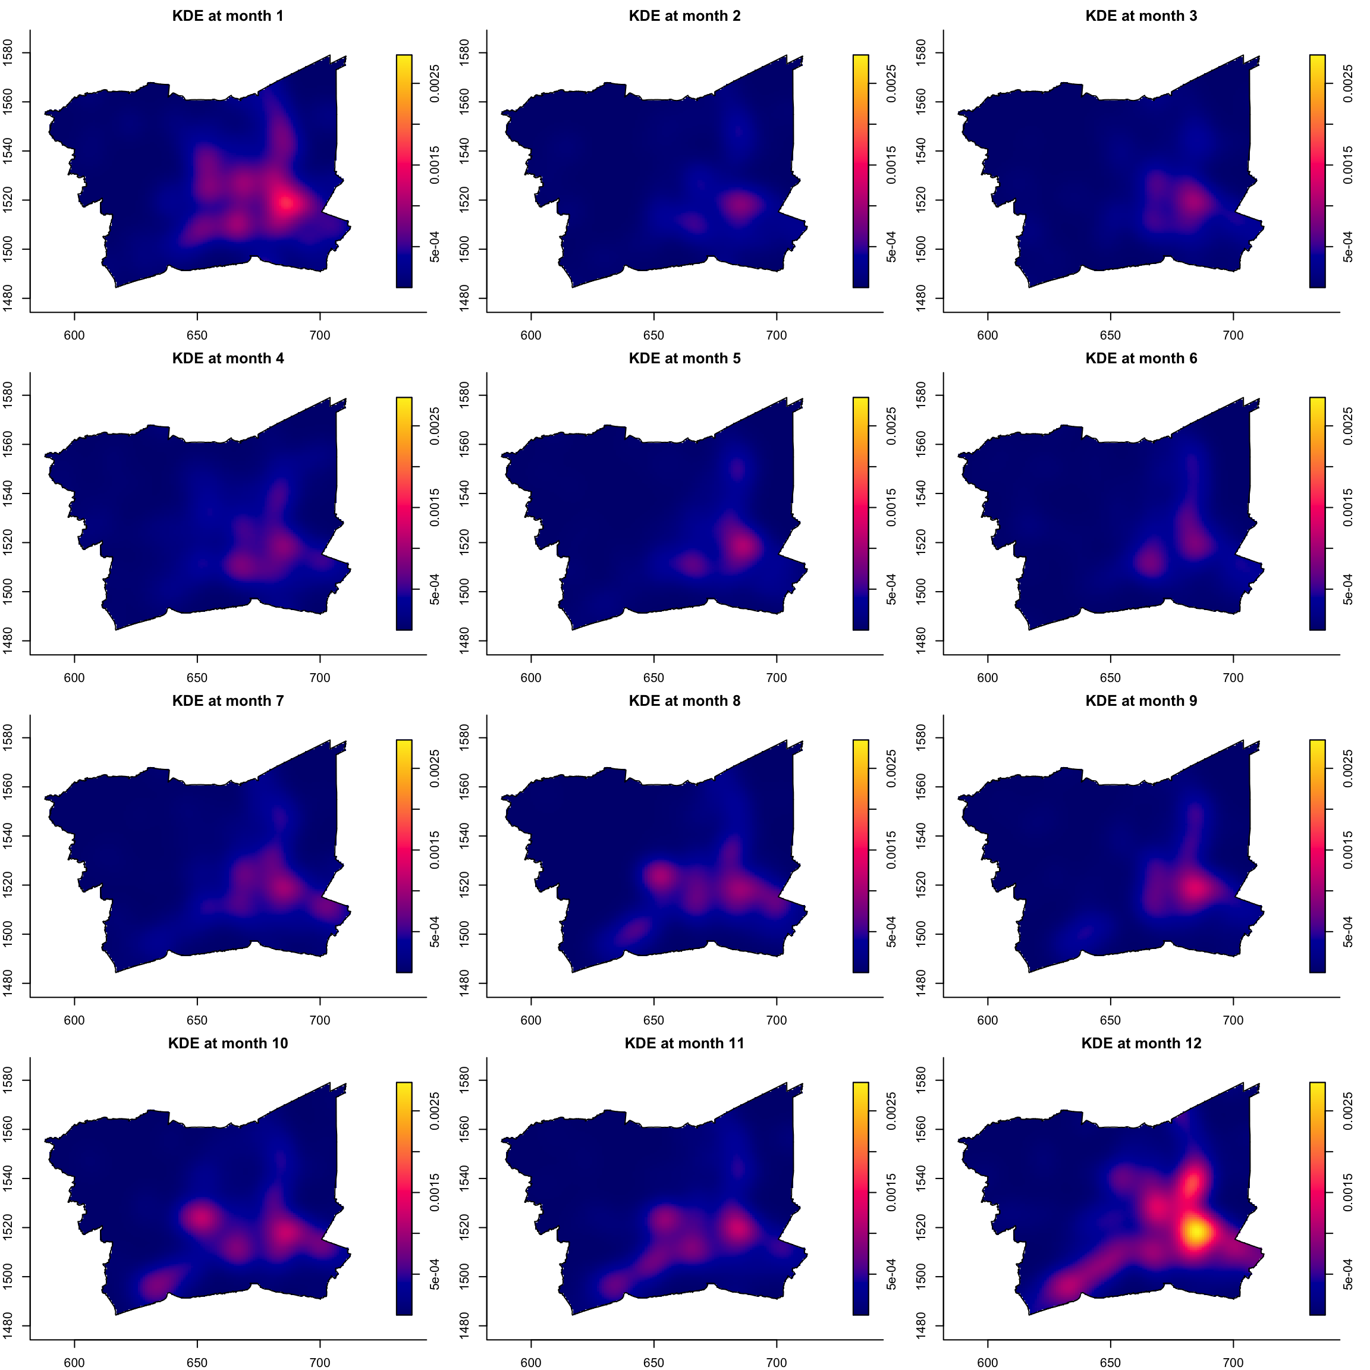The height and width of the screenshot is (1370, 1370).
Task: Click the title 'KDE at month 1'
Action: tap(228, 15)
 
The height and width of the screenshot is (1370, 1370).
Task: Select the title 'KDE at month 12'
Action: tap(1141, 1043)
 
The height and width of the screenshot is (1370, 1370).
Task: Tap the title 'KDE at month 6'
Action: tap(1141, 358)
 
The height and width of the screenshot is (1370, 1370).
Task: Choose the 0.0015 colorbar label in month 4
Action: tap(435, 508)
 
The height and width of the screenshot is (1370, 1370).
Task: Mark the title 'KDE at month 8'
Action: tap(684, 700)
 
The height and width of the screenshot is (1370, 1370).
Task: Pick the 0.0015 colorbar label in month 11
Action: tap(892, 1193)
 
